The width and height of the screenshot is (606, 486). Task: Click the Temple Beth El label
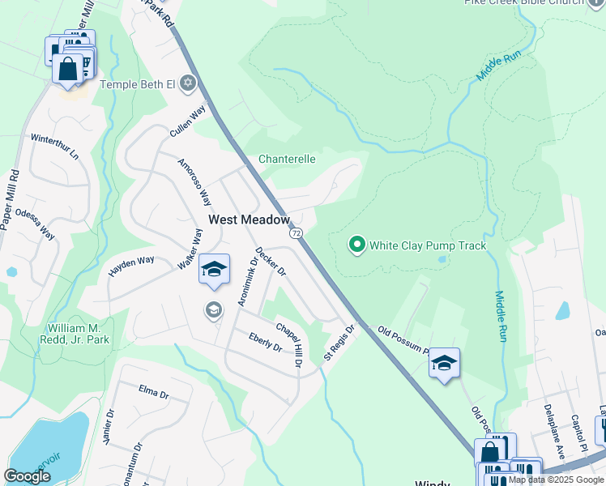[x=138, y=83]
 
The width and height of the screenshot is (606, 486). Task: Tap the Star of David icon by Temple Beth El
[x=188, y=83]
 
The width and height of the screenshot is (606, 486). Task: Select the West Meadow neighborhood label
[x=249, y=220]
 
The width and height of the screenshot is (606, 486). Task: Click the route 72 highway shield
[x=296, y=233]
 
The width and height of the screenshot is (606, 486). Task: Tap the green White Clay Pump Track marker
[x=356, y=245]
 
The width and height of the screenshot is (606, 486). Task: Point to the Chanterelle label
[x=287, y=159]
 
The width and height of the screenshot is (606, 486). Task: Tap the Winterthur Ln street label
[x=54, y=145]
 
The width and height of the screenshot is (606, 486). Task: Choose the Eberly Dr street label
[x=265, y=343]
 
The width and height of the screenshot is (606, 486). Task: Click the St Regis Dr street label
[x=339, y=343]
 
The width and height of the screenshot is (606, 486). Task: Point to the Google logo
[x=28, y=475]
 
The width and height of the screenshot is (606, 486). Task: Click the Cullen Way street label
[x=186, y=121]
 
